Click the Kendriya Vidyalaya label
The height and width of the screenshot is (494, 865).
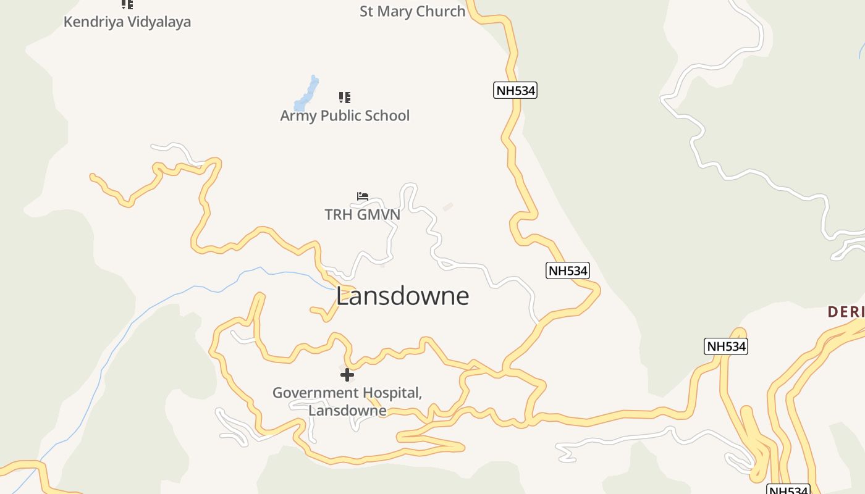(x=127, y=22)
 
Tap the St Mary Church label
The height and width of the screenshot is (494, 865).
(x=412, y=11)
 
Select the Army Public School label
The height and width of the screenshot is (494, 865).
(x=345, y=115)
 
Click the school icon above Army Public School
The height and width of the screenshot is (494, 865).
(x=345, y=97)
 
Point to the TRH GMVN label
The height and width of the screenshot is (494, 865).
(x=363, y=214)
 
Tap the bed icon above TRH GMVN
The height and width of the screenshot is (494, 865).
(x=363, y=196)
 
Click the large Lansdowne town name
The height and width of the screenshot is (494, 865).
(x=403, y=296)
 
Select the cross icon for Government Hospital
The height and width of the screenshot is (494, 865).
(x=347, y=374)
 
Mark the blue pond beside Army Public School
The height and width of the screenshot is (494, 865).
(x=306, y=94)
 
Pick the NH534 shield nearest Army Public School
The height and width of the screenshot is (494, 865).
(x=515, y=90)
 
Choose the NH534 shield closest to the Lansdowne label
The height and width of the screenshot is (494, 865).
(x=567, y=270)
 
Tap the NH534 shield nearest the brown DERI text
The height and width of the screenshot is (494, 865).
(x=725, y=346)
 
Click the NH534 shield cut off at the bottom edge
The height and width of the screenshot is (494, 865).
(x=788, y=490)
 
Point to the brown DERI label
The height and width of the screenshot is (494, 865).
(x=846, y=312)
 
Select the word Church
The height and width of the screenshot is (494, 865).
(x=441, y=11)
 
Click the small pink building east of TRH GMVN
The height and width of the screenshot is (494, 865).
(x=448, y=207)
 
